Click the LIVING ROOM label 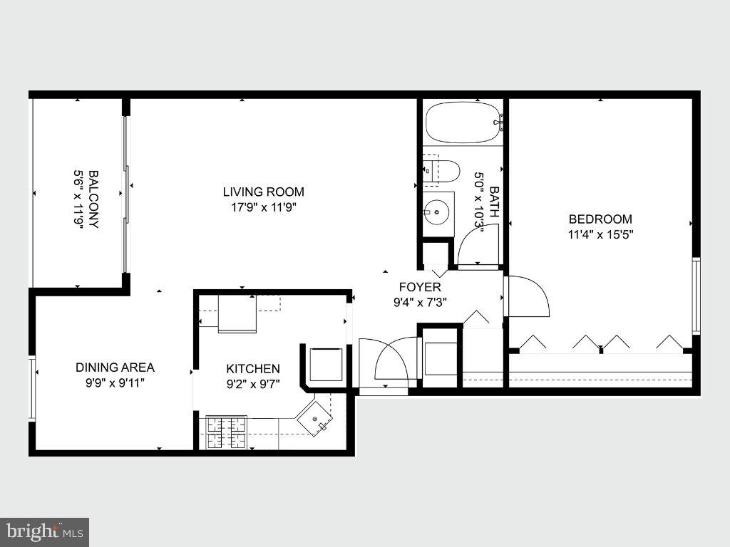point(263,192)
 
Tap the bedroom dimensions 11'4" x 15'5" point(600,234)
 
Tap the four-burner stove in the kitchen point(226,432)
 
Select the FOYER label point(419,287)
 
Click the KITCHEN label point(253,369)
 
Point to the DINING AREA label point(115,368)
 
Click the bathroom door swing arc point(478,246)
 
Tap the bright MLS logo point(44,531)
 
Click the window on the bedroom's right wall point(696,296)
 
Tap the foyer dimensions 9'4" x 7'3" point(419,301)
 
